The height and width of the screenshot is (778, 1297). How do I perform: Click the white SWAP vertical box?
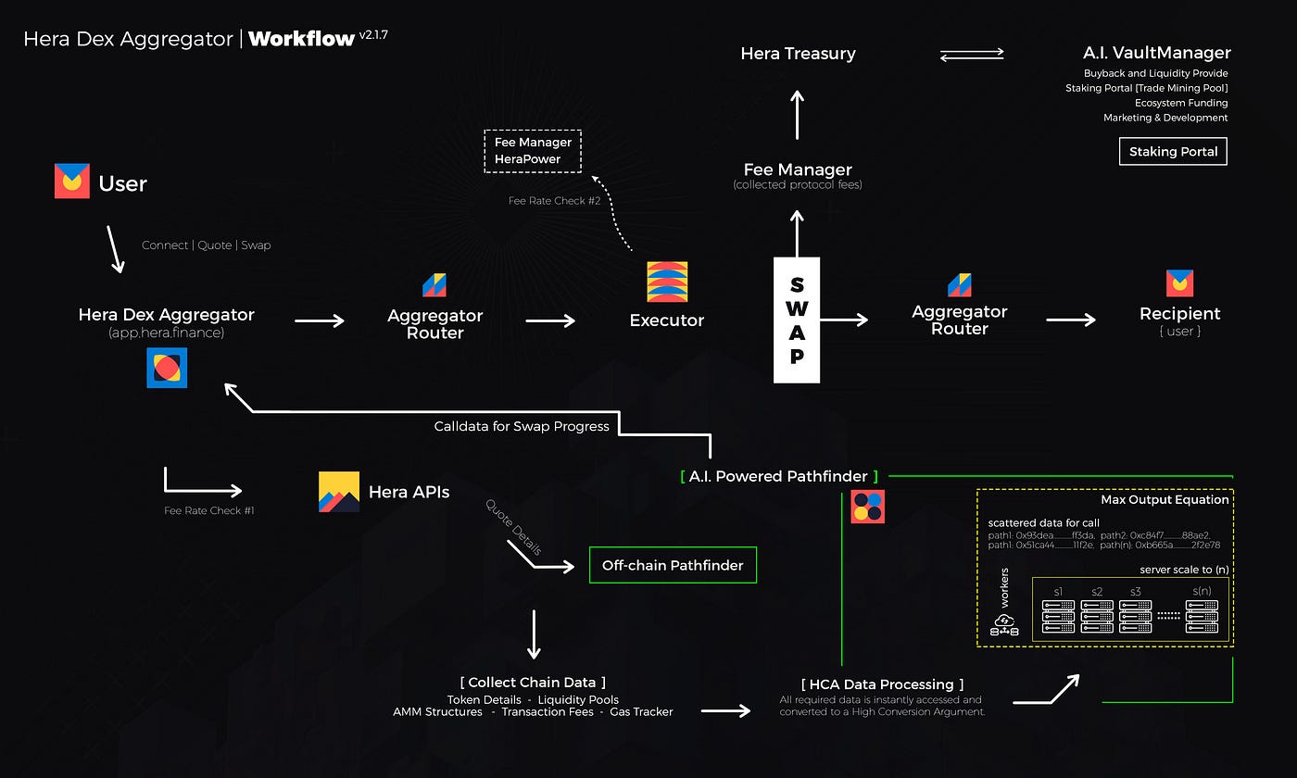pos(797,320)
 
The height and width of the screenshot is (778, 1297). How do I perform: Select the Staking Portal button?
pos(1173,152)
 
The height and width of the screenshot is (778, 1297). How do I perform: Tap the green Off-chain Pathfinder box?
pos(673,565)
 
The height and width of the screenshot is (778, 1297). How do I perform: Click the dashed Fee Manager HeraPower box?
pos(533,151)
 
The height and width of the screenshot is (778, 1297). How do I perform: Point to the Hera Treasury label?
pos(798,54)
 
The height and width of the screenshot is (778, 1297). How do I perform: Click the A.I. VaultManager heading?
pos(1156,53)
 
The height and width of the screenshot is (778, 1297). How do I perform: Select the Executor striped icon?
pos(667,282)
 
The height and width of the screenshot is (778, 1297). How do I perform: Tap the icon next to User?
pos(71,182)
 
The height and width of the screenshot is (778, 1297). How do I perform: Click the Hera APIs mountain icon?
pos(339,492)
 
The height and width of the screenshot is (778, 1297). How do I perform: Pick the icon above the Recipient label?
pos(1179,282)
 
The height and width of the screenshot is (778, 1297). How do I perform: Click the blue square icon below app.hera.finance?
pos(167,368)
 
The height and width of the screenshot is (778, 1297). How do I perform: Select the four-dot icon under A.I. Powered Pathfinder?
pos(868,507)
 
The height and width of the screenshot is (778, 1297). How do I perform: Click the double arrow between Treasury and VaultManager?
pos(972,56)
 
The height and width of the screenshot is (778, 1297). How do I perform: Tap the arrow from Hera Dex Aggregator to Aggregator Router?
pos(320,320)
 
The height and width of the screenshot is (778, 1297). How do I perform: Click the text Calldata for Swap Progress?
pos(522,426)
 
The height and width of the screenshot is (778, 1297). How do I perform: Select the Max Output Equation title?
pos(1165,500)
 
